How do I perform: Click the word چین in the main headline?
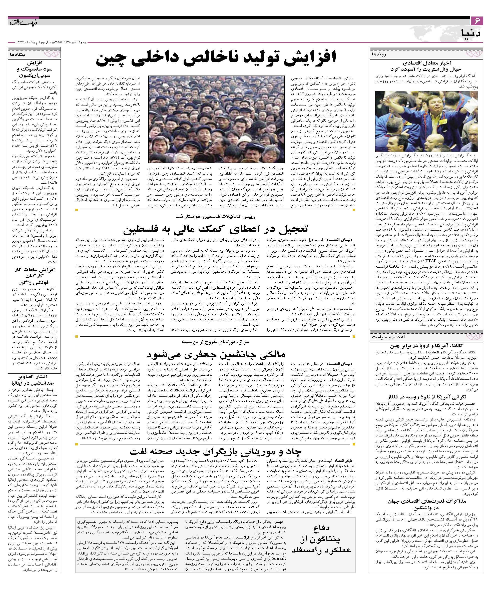[110, 59]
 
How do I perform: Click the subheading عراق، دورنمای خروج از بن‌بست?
[216, 342]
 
